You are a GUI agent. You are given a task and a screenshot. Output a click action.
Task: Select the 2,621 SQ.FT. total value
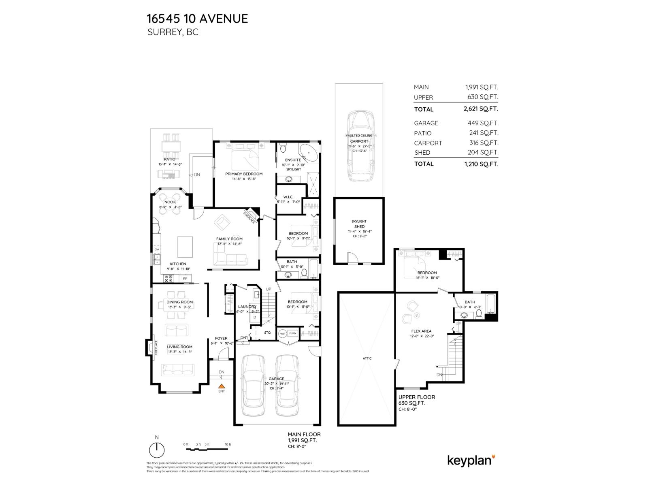pyautogui.click(x=481, y=109)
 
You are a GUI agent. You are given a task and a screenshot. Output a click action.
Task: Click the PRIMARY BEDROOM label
pyautogui.click(x=244, y=174)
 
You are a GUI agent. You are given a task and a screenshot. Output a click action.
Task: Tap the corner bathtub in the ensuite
pyautogui.click(x=309, y=152)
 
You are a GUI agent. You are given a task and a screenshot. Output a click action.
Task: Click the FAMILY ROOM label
pyautogui.click(x=229, y=239)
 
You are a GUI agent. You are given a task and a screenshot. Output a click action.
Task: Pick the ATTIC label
pyautogui.click(x=367, y=358)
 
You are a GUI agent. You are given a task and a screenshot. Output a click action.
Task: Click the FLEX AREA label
pyautogui.click(x=421, y=331)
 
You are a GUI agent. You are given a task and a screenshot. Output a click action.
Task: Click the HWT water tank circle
pyautogui.click(x=282, y=334)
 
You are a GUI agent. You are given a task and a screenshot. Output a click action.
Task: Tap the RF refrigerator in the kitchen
pyautogui.click(x=185, y=279)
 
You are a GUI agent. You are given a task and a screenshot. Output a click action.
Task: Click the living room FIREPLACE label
pyautogui.click(x=156, y=347)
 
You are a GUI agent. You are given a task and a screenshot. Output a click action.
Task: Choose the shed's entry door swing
pyautogui.click(x=352, y=258)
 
